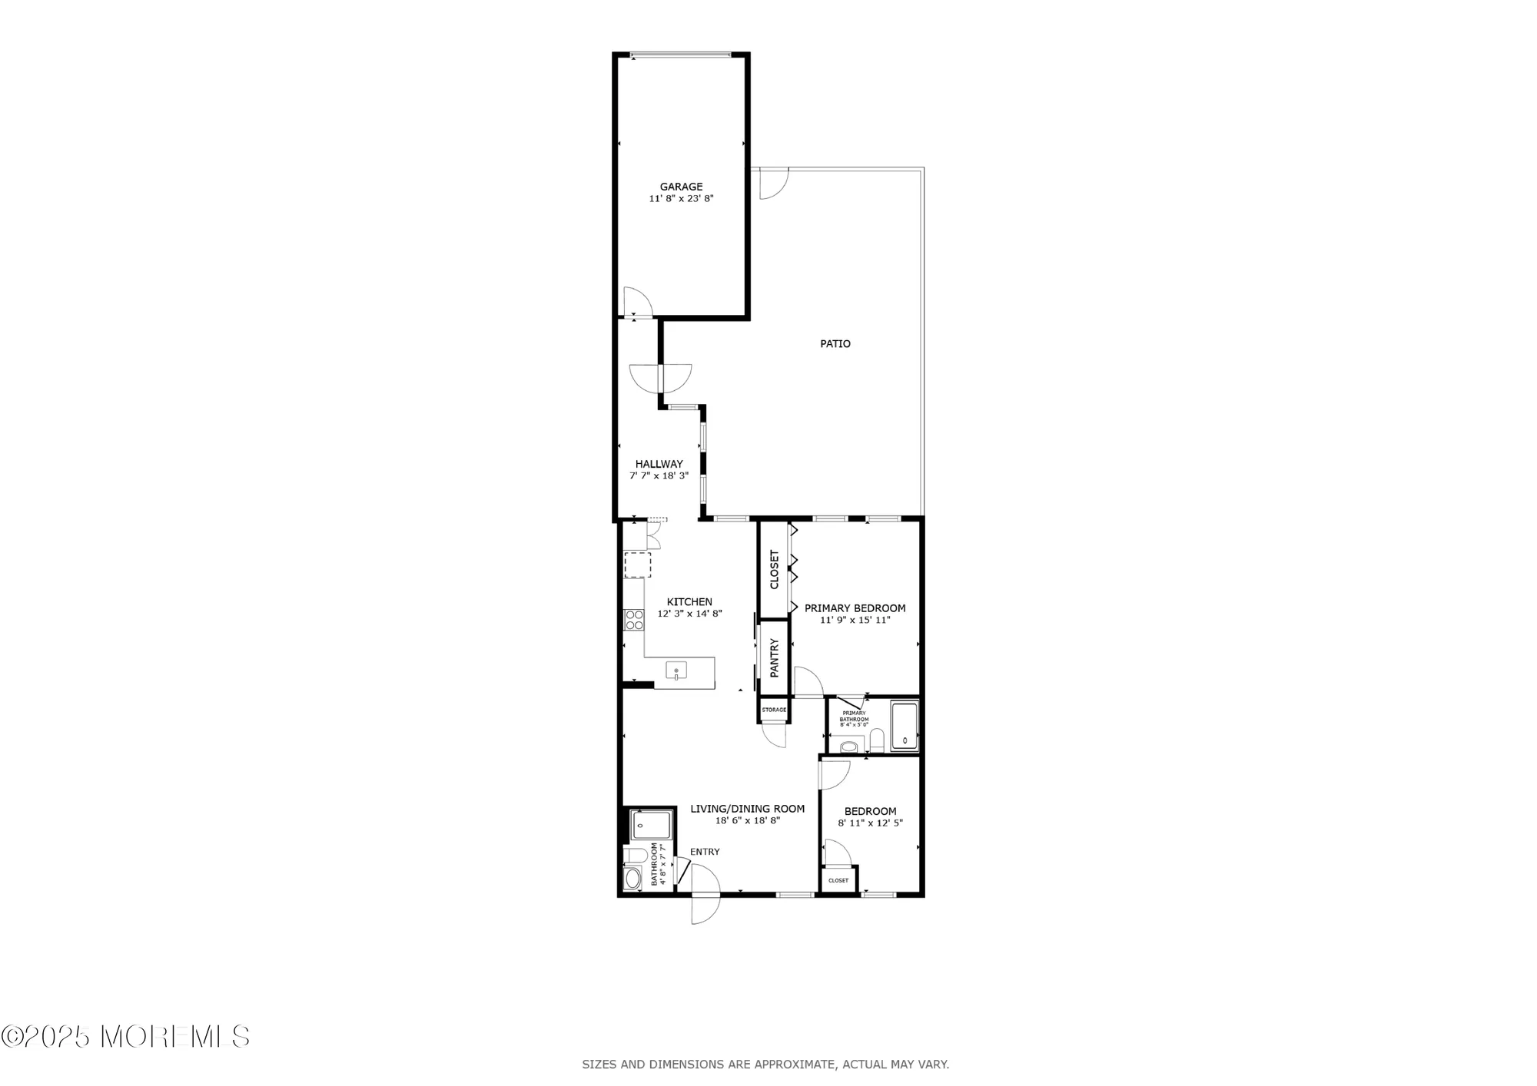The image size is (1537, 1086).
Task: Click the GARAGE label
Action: [681, 187]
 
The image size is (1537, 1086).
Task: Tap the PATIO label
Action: [835, 344]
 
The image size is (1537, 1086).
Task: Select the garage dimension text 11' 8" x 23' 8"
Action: [681, 198]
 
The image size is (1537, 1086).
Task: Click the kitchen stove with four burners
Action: [634, 619]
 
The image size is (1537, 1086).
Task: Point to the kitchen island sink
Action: [676, 671]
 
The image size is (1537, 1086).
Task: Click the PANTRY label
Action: [775, 658]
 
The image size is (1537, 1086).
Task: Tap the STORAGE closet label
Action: [774, 710]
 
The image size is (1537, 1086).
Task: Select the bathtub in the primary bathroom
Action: [904, 726]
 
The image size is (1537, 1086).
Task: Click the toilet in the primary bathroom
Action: [848, 745]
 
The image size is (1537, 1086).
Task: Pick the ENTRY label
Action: [705, 852]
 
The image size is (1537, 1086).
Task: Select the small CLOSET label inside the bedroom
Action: [838, 880]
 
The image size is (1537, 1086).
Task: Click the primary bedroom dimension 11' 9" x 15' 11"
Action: [855, 620]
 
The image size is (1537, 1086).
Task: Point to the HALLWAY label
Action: [659, 464]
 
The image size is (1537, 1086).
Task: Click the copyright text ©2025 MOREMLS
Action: [125, 1036]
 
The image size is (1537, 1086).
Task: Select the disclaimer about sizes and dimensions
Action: [765, 1064]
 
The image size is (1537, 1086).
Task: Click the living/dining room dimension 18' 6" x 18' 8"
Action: [747, 820]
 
